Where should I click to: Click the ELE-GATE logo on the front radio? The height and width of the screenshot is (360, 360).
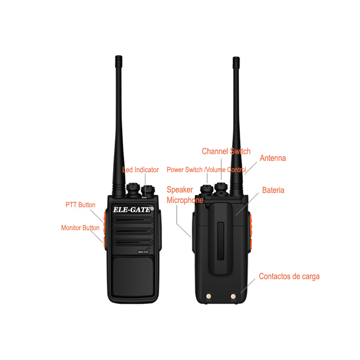133,210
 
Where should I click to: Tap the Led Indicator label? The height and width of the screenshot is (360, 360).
140,170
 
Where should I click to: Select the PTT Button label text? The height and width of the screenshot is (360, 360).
81,205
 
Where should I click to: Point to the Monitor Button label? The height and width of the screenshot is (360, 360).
80,228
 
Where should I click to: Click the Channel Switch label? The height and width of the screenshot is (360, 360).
226,152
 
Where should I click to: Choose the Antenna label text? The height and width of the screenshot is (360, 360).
273,158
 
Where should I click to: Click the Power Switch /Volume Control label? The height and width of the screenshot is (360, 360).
206,170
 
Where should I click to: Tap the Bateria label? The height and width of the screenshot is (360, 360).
273,190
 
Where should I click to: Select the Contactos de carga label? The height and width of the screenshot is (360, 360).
289,276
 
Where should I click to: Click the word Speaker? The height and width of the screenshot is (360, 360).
180,190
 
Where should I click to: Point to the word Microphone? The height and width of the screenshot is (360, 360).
185,200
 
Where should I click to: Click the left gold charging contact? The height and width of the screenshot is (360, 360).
209,296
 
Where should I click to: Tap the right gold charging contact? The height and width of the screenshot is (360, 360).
234,296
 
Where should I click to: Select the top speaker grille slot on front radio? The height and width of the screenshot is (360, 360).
133,221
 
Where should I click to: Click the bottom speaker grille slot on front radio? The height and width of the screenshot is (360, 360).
133,243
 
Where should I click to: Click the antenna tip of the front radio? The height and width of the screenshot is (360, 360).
118,58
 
